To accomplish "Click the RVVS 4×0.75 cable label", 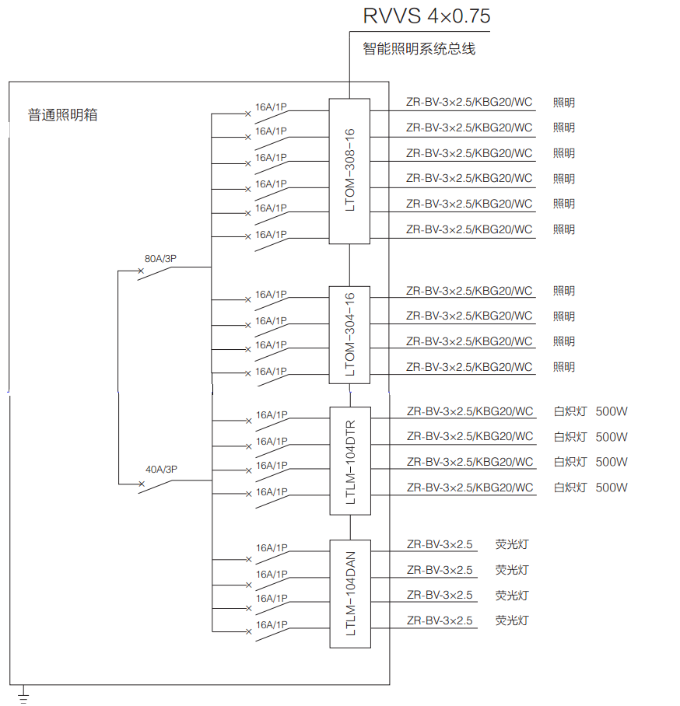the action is point(426,16).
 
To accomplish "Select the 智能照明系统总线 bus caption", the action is point(419,49).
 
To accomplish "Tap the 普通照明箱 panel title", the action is point(63,115).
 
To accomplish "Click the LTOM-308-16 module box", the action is point(349,171).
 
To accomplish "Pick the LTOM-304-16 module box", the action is point(349,335).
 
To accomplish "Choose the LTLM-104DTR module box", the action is point(351,461).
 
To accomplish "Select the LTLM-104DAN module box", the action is point(351,594).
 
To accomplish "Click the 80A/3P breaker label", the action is point(160,259).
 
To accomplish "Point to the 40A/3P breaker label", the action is point(161,470).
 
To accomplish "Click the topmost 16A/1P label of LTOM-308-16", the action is point(272,107).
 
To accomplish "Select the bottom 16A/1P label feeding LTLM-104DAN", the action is point(272,625).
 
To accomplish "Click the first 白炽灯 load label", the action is point(570,411).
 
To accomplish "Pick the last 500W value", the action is point(612,488).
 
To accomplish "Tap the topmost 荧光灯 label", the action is point(512,545).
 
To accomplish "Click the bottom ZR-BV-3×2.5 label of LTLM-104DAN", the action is point(440,621).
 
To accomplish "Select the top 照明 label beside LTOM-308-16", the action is point(564,103).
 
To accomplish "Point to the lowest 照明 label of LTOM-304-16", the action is point(564,368).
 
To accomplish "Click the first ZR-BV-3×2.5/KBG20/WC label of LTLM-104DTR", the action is point(470,411).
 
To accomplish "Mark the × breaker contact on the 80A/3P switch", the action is point(141,271).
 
